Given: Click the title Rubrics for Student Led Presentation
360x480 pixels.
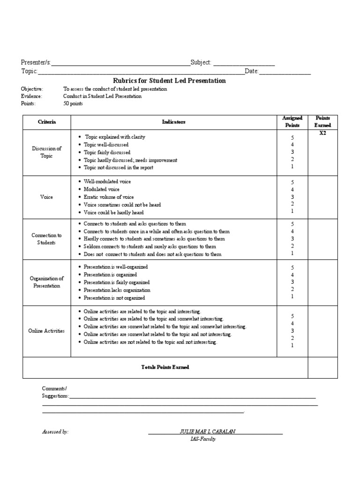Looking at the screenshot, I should [170, 81].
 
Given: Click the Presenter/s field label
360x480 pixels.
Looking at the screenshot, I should [36, 63].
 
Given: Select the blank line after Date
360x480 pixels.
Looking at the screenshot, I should [285, 72].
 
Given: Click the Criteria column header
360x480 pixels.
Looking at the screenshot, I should [46, 122].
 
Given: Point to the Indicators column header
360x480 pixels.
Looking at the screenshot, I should [173, 122].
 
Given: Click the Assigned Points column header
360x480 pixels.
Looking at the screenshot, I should [292, 122].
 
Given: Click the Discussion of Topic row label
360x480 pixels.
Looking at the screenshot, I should [46, 152].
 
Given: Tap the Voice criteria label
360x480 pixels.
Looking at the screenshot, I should [46, 197].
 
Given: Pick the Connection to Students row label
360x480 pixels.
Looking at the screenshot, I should [46, 239].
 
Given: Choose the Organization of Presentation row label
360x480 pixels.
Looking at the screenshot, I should [46, 282].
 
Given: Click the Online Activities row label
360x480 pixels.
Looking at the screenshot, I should [46, 331].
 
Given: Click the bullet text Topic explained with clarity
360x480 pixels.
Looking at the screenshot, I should [115, 137].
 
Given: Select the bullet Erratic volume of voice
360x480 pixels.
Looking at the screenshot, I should [109, 197].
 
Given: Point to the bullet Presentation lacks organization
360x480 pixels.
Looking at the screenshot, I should [117, 290].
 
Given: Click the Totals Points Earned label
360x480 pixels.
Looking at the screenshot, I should [165, 367].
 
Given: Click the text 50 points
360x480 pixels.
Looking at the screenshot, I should [73, 104].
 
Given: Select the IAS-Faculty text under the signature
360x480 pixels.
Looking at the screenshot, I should [203, 439].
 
